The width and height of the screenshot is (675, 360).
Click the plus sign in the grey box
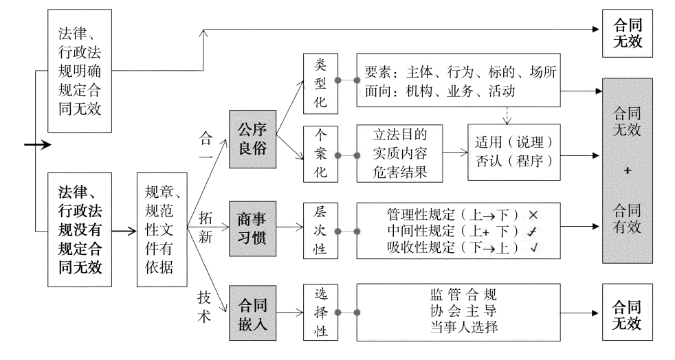(x=627, y=171)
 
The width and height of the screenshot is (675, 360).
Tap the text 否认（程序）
(x=515, y=164)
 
